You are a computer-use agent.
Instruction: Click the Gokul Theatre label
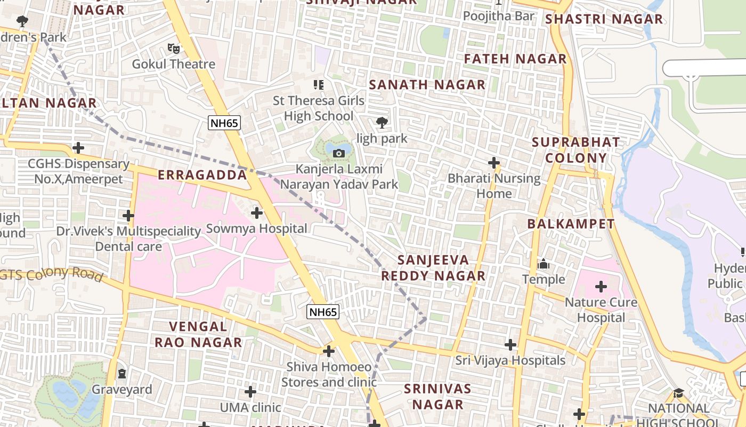click(174, 64)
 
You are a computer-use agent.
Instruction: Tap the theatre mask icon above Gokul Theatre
click(174, 49)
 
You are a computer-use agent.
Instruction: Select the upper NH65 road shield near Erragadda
click(224, 123)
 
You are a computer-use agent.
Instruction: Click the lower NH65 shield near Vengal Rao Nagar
click(323, 312)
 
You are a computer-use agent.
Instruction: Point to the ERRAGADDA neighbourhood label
click(202, 175)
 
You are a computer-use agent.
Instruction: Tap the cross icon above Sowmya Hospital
click(257, 213)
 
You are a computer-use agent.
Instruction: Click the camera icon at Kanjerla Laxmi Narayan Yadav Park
click(338, 154)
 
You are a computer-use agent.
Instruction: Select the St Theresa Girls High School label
click(319, 108)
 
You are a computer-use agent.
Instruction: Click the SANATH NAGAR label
click(427, 85)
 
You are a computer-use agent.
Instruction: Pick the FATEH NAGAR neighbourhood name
click(515, 59)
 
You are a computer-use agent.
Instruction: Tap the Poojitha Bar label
click(498, 16)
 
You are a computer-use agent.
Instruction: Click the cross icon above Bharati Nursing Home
click(494, 162)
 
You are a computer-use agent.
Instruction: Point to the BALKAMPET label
click(571, 224)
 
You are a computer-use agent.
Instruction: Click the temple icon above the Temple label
click(544, 264)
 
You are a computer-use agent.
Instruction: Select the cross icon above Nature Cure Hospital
click(601, 287)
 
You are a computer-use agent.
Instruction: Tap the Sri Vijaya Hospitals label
click(510, 361)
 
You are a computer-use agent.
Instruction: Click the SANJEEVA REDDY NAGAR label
click(433, 268)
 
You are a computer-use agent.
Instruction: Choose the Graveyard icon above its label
click(123, 373)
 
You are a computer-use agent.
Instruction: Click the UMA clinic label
click(250, 408)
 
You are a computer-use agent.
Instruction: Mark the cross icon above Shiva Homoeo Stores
click(329, 351)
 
